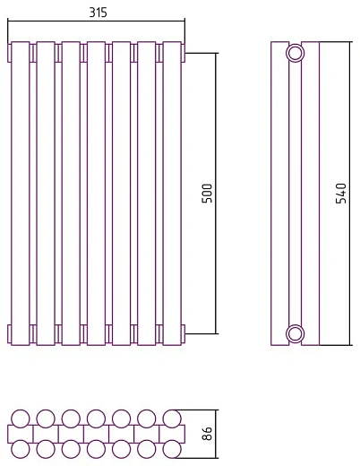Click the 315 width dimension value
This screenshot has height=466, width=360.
[98, 13]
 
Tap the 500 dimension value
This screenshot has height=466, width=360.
[207, 194]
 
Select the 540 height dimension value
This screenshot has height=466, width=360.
[341, 194]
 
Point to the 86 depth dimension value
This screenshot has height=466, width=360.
[207, 434]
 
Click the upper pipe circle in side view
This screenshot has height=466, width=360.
[296, 53]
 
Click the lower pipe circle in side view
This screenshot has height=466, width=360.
[296, 333]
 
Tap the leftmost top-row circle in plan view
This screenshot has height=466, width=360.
[21, 419]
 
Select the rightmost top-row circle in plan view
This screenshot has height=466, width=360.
[172, 419]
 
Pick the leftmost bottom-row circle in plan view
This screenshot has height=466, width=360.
[21, 449]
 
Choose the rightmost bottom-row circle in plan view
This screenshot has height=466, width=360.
[172, 449]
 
